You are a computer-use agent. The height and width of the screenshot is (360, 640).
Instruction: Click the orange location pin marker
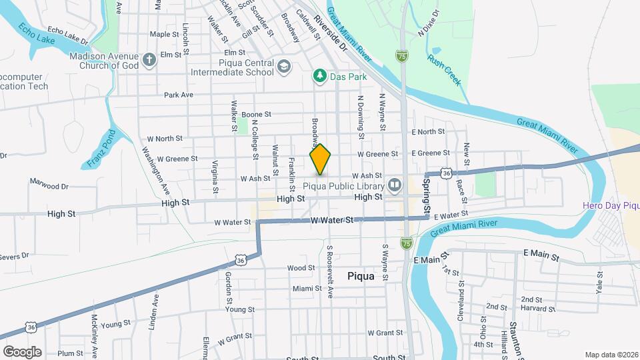(x=321, y=159)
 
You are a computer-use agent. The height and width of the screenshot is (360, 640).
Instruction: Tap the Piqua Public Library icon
(x=395, y=185)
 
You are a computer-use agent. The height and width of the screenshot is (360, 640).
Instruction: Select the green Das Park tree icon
(x=321, y=77)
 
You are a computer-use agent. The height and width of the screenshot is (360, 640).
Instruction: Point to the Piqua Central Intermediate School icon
(x=285, y=67)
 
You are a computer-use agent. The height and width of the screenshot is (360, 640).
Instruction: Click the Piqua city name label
(x=361, y=275)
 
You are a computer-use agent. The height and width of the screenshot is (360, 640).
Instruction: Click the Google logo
(x=22, y=351)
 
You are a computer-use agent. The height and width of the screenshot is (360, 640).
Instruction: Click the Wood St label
(x=301, y=268)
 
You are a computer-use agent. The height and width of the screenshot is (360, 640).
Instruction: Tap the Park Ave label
(x=178, y=95)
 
